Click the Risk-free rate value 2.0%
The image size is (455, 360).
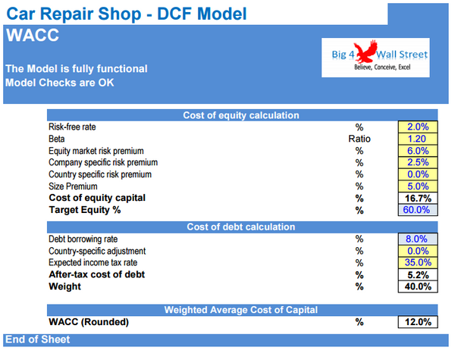(418, 127)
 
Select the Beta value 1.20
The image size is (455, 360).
(418, 139)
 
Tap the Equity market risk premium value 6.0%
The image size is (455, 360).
(418, 151)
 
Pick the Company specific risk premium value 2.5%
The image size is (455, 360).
(418, 162)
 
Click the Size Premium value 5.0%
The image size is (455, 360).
(418, 186)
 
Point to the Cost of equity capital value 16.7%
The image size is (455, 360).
(418, 198)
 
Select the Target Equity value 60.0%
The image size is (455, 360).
(418, 209)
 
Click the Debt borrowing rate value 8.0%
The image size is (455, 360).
(418, 239)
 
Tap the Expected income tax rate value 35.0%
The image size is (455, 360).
(418, 262)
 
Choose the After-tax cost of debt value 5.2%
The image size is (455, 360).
(418, 274)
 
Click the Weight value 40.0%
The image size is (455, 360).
(418, 286)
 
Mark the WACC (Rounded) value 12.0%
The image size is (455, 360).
(418, 322)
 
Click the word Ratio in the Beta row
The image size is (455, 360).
(359, 139)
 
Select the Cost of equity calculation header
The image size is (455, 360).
(241, 115)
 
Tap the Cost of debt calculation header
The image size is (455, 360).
(241, 227)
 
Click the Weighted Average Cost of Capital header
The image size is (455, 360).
(241, 309)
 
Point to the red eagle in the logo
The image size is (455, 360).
(369, 52)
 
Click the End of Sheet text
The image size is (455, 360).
(37, 340)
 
